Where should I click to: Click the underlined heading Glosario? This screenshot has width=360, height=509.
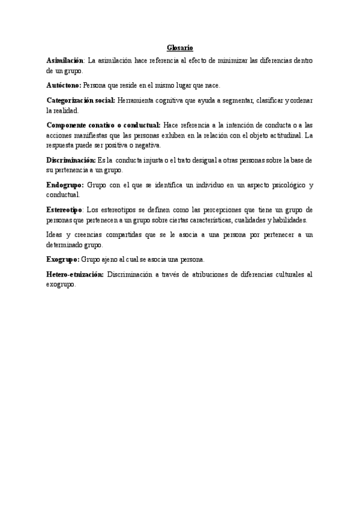coord(180,47)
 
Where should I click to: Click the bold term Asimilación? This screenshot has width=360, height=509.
coord(65,61)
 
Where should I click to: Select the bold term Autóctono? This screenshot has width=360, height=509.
coord(64,85)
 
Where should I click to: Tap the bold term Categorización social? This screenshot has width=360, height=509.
coord(80,100)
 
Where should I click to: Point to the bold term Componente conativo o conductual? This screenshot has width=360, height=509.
coord(103,125)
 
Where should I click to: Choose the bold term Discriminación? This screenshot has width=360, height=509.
coord(71,160)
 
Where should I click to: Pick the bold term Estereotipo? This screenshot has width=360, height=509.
coord(65,209)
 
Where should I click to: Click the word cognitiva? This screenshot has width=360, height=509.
coord(177,100)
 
